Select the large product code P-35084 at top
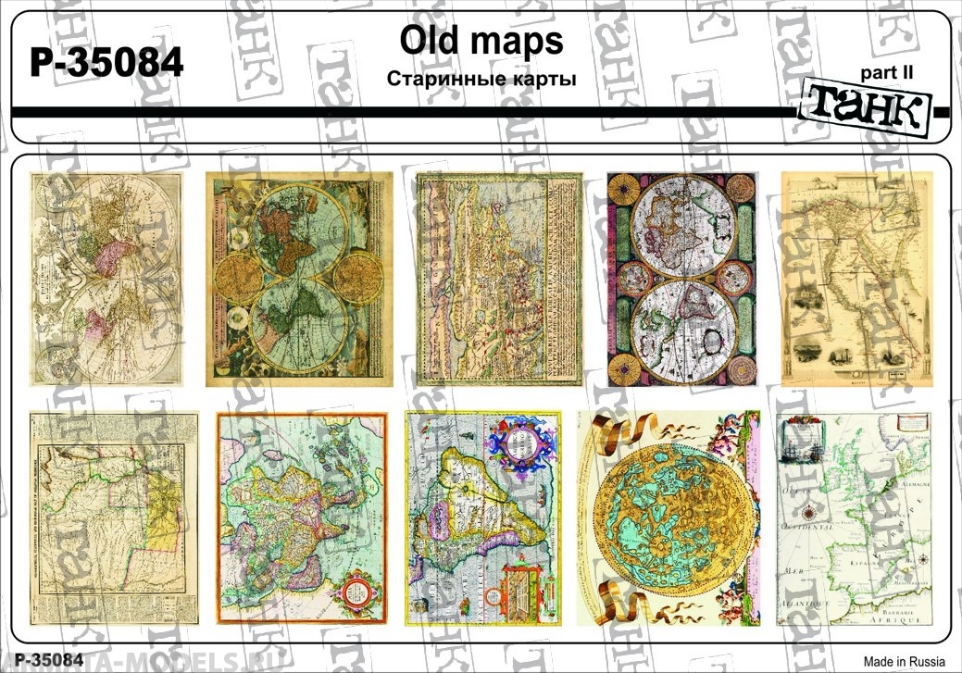[107, 63]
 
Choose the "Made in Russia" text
[905, 661]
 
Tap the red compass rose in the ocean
[809, 512]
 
